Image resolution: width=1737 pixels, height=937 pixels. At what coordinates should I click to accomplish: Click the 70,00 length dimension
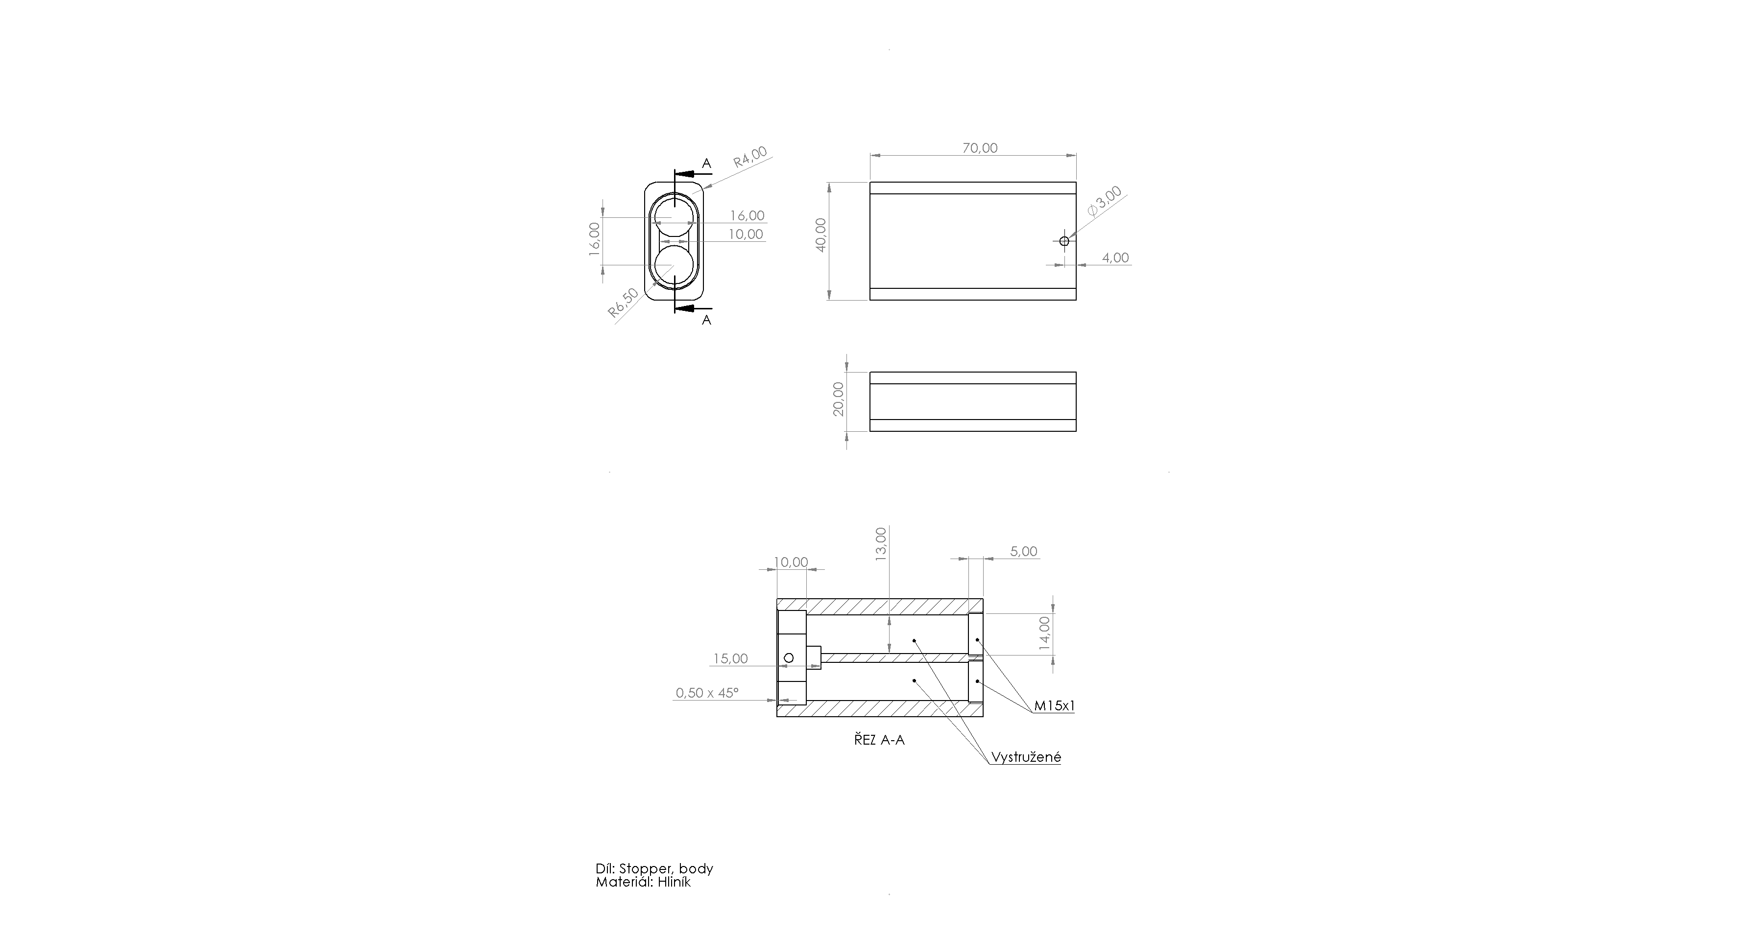980,148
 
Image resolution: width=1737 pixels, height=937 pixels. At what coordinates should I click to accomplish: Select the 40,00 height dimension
820,234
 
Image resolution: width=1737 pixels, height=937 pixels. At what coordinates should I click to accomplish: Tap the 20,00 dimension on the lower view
838,399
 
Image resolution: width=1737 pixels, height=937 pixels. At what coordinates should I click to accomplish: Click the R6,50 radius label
623,303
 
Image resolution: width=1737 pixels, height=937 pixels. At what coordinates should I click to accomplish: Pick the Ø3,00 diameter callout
1105,201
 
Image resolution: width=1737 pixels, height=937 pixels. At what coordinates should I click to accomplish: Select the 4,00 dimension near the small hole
1115,258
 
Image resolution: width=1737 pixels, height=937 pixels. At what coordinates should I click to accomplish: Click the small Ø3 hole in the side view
1064,241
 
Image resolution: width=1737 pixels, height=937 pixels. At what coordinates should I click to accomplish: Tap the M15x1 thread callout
1055,706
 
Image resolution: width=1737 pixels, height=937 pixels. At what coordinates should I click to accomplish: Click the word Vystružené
1026,757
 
